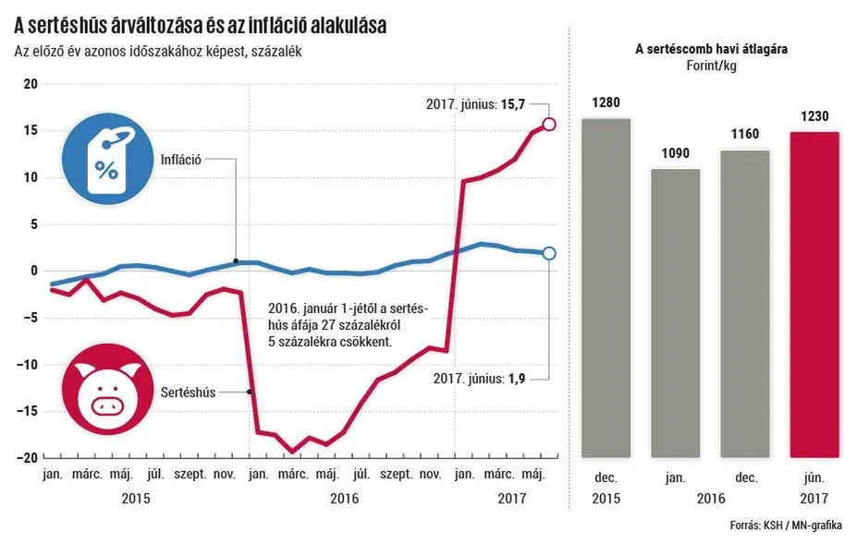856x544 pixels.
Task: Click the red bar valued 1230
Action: tap(814, 295)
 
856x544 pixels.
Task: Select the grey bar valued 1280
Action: tap(606, 287)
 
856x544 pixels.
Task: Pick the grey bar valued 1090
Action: tap(676, 313)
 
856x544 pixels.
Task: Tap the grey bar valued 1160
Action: tap(745, 304)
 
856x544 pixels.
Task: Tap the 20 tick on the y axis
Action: tap(31, 84)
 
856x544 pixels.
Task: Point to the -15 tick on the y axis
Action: tap(28, 411)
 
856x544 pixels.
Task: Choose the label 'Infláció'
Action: tap(182, 159)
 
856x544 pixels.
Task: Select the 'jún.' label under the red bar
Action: tap(814, 478)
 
